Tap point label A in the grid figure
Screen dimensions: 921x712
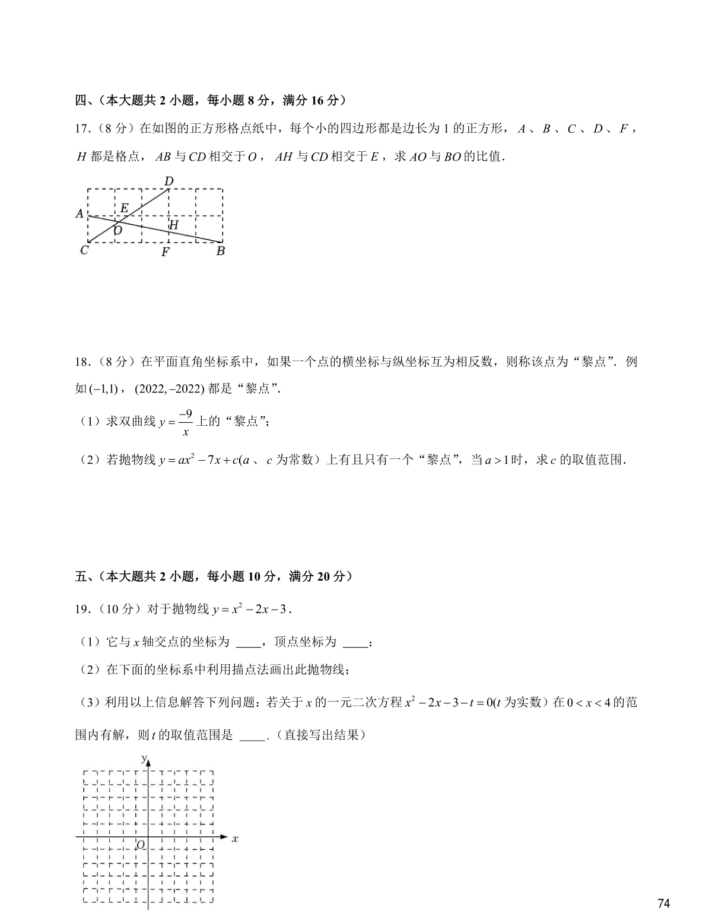80,213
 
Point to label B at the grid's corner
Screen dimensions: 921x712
220,251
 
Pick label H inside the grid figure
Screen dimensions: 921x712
173,225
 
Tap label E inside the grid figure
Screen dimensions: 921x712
124,208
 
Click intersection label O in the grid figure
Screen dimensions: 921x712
118,231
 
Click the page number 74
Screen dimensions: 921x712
664,904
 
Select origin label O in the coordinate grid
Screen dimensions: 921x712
141,844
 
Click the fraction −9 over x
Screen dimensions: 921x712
185,423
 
